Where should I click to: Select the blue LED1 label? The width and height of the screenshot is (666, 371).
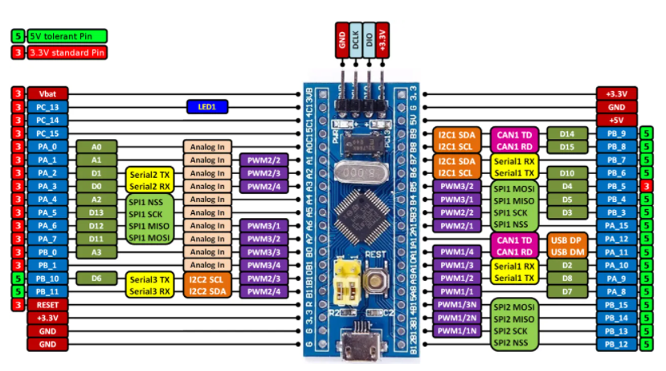206,106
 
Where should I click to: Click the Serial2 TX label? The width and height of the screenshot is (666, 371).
149,173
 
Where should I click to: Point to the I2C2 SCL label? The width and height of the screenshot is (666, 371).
206,278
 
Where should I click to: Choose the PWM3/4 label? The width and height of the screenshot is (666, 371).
264,266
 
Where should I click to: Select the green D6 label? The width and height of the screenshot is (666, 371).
96,278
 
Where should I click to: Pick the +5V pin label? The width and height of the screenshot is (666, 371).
617,120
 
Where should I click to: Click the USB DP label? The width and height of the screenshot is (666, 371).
568,239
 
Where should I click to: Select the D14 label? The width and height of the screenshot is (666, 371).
567,134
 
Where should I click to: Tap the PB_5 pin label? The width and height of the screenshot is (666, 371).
617,186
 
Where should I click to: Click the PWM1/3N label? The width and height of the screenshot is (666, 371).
457,305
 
